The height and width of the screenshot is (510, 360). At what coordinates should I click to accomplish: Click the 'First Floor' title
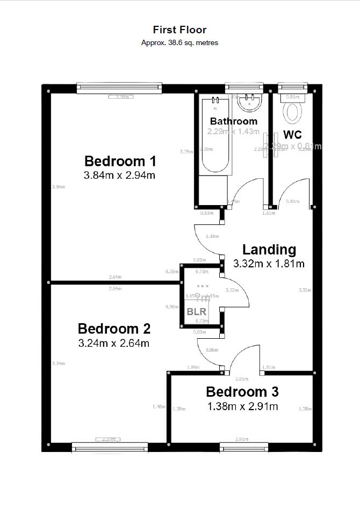click(179, 30)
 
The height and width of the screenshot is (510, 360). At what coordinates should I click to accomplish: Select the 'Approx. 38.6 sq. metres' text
click(179, 42)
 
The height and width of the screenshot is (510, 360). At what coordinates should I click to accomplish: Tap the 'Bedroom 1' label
click(120, 161)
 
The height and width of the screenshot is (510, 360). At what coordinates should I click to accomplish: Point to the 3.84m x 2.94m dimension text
click(120, 175)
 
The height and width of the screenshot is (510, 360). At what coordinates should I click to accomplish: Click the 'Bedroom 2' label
click(114, 329)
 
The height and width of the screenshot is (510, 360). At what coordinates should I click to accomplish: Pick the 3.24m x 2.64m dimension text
click(114, 343)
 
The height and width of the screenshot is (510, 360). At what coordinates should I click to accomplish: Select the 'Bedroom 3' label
click(242, 392)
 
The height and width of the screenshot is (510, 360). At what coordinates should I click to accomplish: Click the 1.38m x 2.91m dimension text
click(242, 406)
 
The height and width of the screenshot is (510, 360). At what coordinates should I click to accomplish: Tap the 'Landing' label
click(269, 250)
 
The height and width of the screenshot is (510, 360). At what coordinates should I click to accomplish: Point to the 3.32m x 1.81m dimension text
click(269, 264)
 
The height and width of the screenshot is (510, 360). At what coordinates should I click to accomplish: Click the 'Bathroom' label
click(233, 121)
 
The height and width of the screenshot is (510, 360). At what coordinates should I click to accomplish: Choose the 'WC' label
click(292, 134)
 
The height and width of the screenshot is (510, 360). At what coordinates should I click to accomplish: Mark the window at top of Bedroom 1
click(119, 88)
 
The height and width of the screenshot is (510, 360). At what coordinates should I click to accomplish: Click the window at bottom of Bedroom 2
click(110, 447)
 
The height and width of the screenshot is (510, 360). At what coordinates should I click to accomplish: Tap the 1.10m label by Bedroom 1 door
click(212, 236)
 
